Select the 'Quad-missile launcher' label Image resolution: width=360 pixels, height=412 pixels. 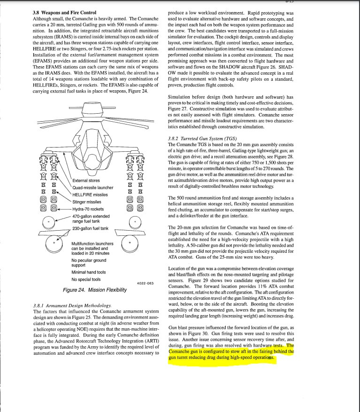93,188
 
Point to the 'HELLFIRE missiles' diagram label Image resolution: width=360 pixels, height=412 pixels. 90,195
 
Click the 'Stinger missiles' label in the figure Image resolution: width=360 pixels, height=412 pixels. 87,202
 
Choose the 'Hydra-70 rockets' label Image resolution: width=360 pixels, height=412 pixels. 88,209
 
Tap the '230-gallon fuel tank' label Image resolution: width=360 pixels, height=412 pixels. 90,229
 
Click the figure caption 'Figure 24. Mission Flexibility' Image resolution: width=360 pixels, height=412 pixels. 94,290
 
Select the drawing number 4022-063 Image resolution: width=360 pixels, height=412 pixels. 145,283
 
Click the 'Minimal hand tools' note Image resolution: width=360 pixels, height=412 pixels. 89,272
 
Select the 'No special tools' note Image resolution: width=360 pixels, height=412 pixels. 86,280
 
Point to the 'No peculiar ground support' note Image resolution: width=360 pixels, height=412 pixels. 89,263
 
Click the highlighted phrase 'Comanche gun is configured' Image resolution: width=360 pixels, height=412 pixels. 197,351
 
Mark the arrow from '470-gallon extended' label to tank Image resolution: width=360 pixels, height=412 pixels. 64,218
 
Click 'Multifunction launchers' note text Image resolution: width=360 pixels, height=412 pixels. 92,244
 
